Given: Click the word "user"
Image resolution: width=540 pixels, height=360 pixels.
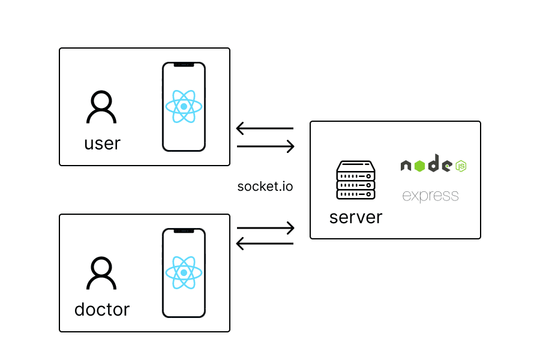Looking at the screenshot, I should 102,144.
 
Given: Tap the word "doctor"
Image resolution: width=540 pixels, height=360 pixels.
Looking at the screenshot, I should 102,310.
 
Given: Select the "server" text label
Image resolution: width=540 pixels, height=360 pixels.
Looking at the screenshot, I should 356,217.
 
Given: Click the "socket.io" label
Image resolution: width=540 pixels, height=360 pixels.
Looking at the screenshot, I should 265,186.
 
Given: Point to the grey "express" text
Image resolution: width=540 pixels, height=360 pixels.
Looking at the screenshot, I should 430,196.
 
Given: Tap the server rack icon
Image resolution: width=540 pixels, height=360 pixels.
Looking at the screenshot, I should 356,180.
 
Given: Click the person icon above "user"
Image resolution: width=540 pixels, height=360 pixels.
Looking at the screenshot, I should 102,108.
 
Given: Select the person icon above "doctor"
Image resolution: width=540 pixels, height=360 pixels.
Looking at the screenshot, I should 102,274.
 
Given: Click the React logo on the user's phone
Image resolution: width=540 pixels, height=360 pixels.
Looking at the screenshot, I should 184,106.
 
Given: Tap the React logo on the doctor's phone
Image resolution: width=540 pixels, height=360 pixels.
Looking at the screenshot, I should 184,273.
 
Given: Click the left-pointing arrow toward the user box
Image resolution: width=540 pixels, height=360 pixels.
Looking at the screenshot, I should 265,128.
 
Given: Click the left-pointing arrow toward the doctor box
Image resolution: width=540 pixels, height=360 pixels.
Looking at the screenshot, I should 265,244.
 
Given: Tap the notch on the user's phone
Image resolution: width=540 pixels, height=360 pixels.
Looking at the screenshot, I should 184,65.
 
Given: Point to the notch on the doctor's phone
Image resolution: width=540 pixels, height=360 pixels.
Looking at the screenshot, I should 184,231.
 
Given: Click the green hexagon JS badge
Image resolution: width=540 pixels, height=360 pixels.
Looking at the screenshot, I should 461,166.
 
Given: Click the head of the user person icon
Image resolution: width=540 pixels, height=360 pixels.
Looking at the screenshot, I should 102,100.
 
